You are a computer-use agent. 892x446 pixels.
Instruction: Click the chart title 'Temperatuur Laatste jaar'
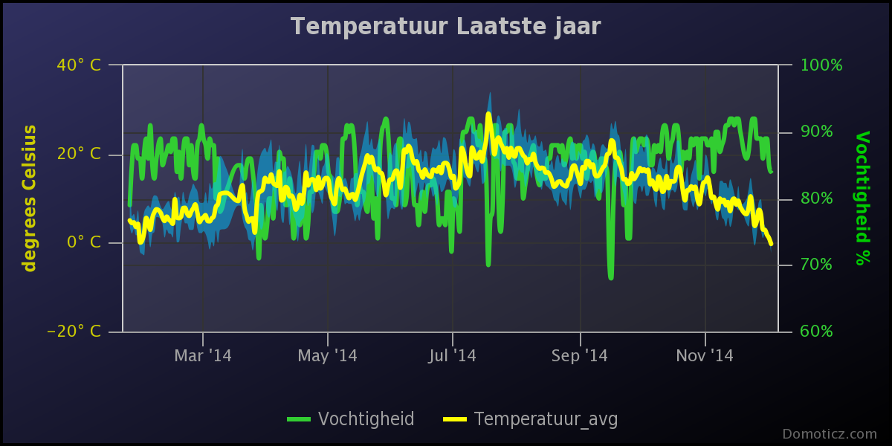445,27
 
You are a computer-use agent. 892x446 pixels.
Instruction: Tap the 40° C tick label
79,65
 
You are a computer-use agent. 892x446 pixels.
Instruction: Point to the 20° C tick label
79,154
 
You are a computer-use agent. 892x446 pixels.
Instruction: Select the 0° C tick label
83,242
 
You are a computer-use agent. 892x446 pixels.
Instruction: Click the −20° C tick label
74,331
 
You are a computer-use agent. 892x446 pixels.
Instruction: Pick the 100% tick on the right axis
821,65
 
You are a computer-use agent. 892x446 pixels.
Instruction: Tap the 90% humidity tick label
816,132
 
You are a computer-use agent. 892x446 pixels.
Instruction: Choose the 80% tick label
816,198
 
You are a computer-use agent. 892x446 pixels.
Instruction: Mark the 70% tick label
816,265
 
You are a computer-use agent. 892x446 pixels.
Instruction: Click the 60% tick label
816,331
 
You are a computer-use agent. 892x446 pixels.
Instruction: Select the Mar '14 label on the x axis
203,355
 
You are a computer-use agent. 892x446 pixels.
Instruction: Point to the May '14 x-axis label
327,355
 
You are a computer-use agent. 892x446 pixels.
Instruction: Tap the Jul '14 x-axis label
453,355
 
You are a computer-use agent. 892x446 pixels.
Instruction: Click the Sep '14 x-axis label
580,355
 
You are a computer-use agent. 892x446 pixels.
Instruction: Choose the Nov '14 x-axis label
705,355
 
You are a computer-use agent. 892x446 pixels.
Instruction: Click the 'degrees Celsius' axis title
30,198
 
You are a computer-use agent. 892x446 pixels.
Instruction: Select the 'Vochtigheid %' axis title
862,198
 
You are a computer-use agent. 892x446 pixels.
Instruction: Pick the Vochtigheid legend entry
351,419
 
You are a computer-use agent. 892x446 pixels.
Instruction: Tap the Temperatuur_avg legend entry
531,420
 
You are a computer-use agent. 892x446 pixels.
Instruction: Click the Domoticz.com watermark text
830,433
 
